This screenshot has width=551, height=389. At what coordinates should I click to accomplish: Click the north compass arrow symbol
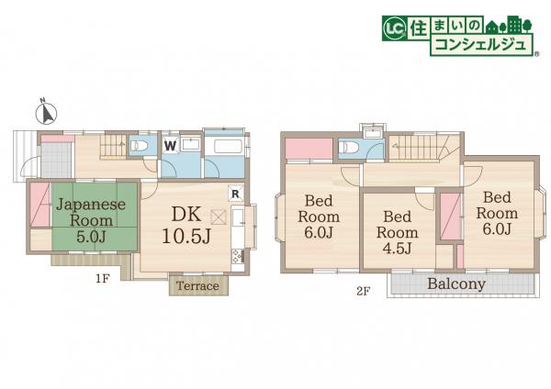pos(47,113)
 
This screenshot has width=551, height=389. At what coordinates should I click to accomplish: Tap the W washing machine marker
pos(170,145)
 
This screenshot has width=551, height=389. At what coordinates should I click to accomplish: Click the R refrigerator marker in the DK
pos(235,193)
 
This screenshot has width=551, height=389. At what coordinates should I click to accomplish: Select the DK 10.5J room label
pos(186,225)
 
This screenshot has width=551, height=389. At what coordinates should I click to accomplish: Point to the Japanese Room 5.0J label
pos(91,220)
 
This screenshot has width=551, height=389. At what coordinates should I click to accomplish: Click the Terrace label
pos(197,285)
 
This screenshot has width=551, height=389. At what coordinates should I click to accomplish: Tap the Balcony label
pos(456,283)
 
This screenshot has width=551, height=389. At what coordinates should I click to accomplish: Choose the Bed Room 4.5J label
pos(398,232)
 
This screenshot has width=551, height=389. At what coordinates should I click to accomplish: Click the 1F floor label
pos(103,279)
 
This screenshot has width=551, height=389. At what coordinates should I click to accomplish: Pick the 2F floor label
pos(364,291)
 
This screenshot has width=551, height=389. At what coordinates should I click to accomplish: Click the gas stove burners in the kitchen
pos(237,256)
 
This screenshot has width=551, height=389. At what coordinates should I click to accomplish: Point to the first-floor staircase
pos(113,145)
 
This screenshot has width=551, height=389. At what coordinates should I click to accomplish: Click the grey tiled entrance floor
pos(56,160)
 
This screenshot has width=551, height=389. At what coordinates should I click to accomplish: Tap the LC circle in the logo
pos(395,28)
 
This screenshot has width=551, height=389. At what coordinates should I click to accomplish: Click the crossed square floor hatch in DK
pos(219,217)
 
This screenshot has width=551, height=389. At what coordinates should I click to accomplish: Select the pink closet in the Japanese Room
pos(39,205)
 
